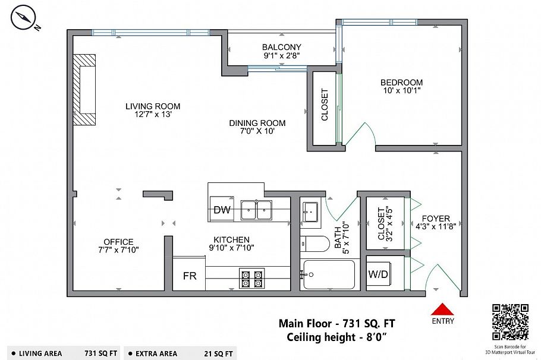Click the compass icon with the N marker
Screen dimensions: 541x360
[x=23, y=18]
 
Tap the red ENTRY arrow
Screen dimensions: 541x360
[x=443, y=309]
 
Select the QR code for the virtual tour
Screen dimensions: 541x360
[x=510, y=322]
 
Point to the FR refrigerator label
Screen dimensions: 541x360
[x=190, y=276]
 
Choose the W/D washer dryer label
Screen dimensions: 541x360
[x=378, y=274]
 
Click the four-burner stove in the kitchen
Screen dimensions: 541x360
[x=252, y=279]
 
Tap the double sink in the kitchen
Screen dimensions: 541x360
[x=256, y=210]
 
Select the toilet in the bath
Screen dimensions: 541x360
[x=314, y=244]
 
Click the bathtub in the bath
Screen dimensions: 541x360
[x=329, y=275]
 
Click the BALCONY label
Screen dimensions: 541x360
[x=282, y=47]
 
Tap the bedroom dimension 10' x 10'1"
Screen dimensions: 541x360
[x=402, y=91]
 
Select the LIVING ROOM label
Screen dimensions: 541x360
[x=153, y=106]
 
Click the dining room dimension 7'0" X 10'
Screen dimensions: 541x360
[x=257, y=131]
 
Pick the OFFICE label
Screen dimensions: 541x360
[x=118, y=242]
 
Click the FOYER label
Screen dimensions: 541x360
[x=436, y=219]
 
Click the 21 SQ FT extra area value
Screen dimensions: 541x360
[x=218, y=354]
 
